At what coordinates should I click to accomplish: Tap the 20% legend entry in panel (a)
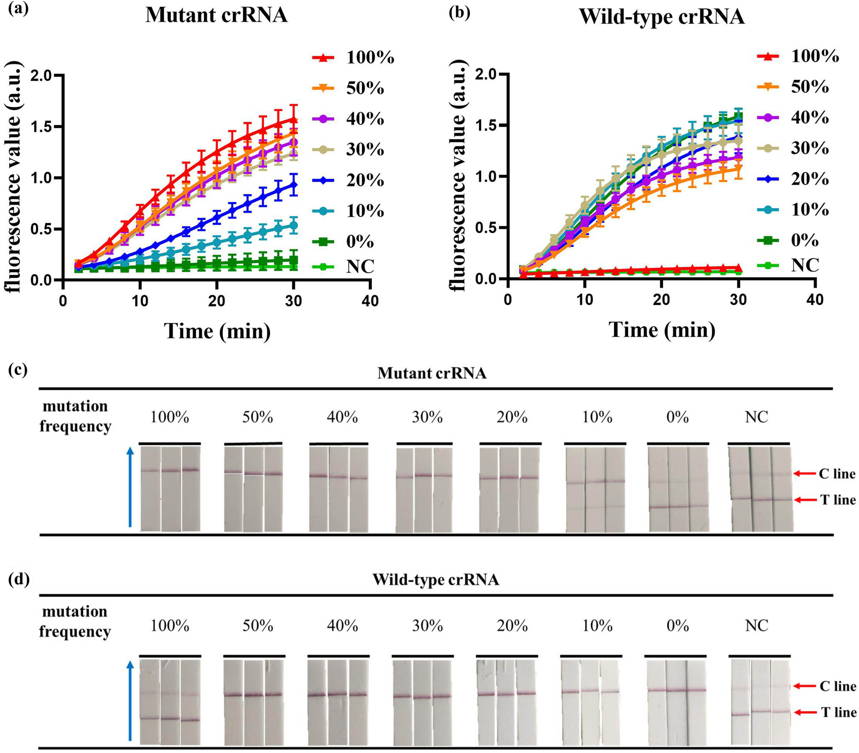tap(348, 180)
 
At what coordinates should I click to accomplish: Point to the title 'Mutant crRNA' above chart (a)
tap(216, 15)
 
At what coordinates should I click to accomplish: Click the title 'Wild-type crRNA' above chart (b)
tap(661, 17)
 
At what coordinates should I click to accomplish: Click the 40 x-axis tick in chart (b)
tap(815, 299)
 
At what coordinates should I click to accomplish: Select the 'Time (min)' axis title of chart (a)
tap(217, 331)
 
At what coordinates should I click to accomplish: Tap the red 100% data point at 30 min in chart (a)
tap(294, 120)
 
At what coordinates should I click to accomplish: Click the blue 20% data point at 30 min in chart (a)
tap(294, 185)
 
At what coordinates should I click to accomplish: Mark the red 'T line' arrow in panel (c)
tap(804, 500)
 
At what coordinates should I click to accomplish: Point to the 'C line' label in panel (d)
tap(838, 686)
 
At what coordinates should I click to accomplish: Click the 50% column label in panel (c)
tap(257, 417)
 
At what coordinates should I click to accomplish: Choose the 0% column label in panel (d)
tap(677, 626)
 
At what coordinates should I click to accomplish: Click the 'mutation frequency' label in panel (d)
tap(75, 621)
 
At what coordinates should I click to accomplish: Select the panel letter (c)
tap(18, 370)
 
